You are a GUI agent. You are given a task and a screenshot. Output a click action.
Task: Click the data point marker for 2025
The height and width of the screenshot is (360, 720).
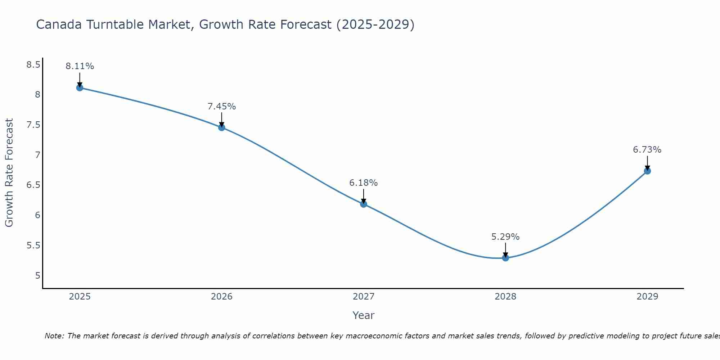click(80, 87)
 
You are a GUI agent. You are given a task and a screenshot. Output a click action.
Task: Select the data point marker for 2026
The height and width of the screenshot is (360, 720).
click(221, 127)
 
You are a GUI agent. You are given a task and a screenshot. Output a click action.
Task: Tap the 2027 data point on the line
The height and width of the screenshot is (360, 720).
click(364, 204)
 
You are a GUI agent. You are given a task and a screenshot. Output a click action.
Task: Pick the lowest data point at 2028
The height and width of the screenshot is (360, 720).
click(505, 258)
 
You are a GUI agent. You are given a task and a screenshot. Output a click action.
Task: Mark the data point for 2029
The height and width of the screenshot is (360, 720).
click(647, 171)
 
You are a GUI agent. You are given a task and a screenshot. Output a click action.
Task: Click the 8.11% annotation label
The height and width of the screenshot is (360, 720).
click(80, 66)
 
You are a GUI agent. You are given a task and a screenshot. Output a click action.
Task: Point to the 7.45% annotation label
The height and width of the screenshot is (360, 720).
click(221, 107)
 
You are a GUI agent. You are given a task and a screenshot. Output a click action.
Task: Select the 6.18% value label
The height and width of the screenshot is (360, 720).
click(364, 183)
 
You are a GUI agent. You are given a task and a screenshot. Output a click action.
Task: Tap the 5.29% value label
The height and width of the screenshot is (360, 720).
click(505, 237)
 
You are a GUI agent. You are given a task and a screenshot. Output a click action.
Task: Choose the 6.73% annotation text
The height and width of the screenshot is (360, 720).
click(647, 150)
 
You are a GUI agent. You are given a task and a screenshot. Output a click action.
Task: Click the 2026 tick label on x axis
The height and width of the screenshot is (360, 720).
click(221, 297)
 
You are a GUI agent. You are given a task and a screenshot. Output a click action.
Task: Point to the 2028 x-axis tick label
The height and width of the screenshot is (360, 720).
click(505, 297)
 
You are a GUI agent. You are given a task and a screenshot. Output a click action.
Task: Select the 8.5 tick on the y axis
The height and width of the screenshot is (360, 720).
click(33, 65)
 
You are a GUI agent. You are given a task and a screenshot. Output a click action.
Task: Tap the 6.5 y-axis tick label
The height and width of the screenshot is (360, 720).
click(33, 185)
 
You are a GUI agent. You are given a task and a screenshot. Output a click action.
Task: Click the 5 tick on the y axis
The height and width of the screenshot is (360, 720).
click(37, 276)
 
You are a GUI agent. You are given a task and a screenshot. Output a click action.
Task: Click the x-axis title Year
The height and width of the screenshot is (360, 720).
click(364, 315)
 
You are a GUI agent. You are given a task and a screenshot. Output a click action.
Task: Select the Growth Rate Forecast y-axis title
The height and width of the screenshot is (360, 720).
click(9, 173)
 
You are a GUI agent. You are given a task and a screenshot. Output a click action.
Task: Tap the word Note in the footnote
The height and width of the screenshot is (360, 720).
click(54, 336)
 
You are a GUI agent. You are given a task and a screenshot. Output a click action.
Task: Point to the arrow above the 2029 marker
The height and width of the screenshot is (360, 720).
click(647, 163)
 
